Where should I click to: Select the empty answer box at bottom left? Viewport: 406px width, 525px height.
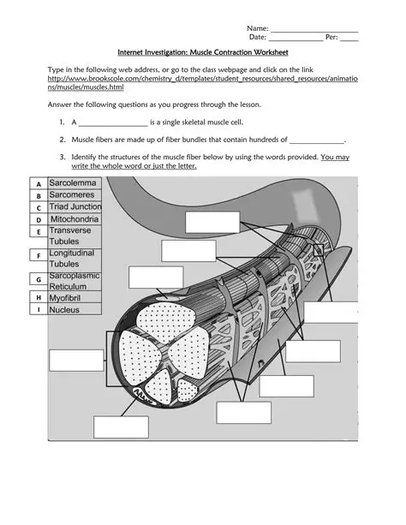(x=121, y=428)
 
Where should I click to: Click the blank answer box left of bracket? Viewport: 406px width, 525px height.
(x=75, y=361)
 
